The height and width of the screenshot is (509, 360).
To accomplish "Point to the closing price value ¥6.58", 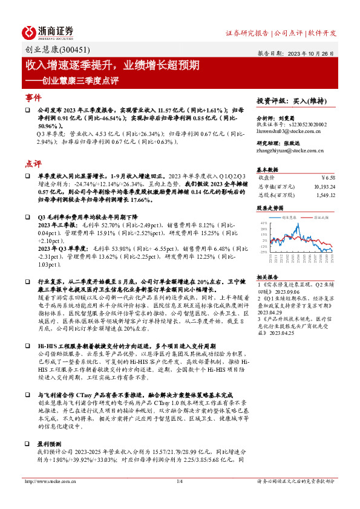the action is tap(327, 178).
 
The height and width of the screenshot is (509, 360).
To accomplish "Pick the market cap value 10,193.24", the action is tap(321, 186).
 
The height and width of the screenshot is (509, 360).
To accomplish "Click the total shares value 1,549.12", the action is tap(324, 195).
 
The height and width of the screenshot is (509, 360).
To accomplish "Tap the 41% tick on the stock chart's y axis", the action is tap(263, 223).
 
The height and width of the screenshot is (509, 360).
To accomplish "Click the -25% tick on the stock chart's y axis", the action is tap(263, 251).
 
